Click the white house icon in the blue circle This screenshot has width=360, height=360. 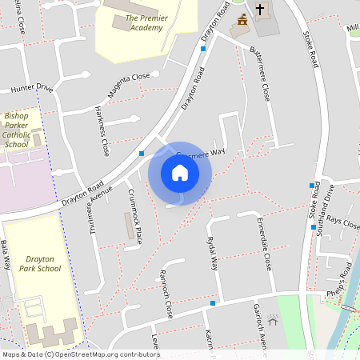tap(180, 173)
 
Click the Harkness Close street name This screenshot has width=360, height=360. tap(102, 130)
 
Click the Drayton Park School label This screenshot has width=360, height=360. tap(42, 264)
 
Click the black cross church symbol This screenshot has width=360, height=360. tap(259, 10)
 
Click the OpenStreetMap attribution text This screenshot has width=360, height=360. tap(80, 354)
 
